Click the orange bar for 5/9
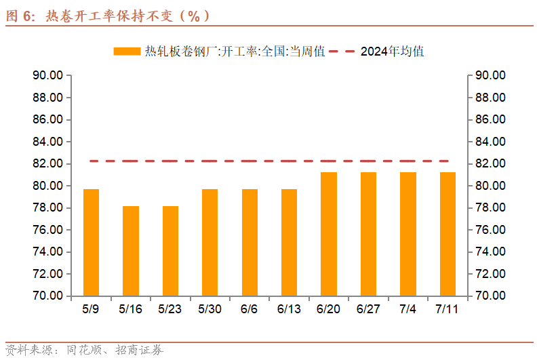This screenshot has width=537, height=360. [91, 242]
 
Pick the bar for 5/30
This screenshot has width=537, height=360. [210, 242]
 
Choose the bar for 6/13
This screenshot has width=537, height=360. [289, 242]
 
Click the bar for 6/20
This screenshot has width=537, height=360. [329, 234]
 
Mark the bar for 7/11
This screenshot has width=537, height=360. [447, 234]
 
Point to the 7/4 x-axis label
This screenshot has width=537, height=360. [408, 308]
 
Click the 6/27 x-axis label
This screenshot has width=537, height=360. [368, 308]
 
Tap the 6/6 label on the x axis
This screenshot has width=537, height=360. [250, 308]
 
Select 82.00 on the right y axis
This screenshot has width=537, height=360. [490, 164]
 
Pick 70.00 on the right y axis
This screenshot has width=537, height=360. [490, 296]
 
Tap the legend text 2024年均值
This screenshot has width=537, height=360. [393, 51]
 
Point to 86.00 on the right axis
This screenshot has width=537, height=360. [490, 119]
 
